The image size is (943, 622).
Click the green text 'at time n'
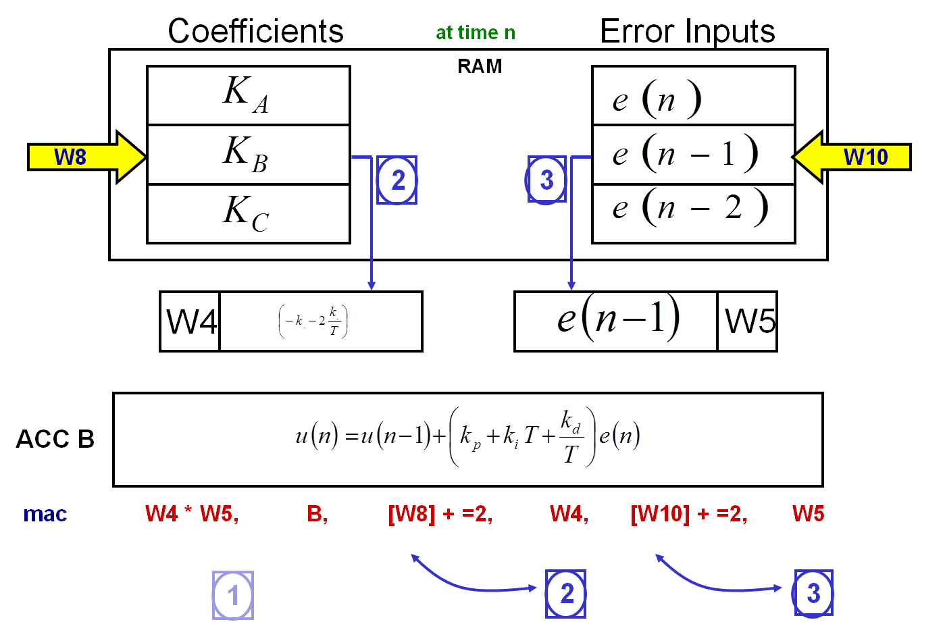click(476, 33)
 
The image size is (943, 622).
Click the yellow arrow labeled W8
click(86, 157)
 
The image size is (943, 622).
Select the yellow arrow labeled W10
click(852, 157)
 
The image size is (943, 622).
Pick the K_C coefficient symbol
click(246, 215)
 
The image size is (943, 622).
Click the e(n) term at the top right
click(656, 101)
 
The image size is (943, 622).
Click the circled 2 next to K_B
click(397, 180)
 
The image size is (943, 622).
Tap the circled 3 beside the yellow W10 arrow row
click(546, 180)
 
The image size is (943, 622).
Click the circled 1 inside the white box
click(233, 596)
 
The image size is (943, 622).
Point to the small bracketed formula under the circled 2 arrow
click(313, 321)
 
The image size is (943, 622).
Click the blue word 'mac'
click(45, 514)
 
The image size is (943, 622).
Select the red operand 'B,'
click(317, 514)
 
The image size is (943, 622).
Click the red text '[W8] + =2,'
click(440, 514)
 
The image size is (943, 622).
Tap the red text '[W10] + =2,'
click(688, 514)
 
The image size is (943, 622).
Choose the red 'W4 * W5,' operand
click(192, 514)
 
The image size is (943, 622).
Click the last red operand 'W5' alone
click(808, 514)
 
